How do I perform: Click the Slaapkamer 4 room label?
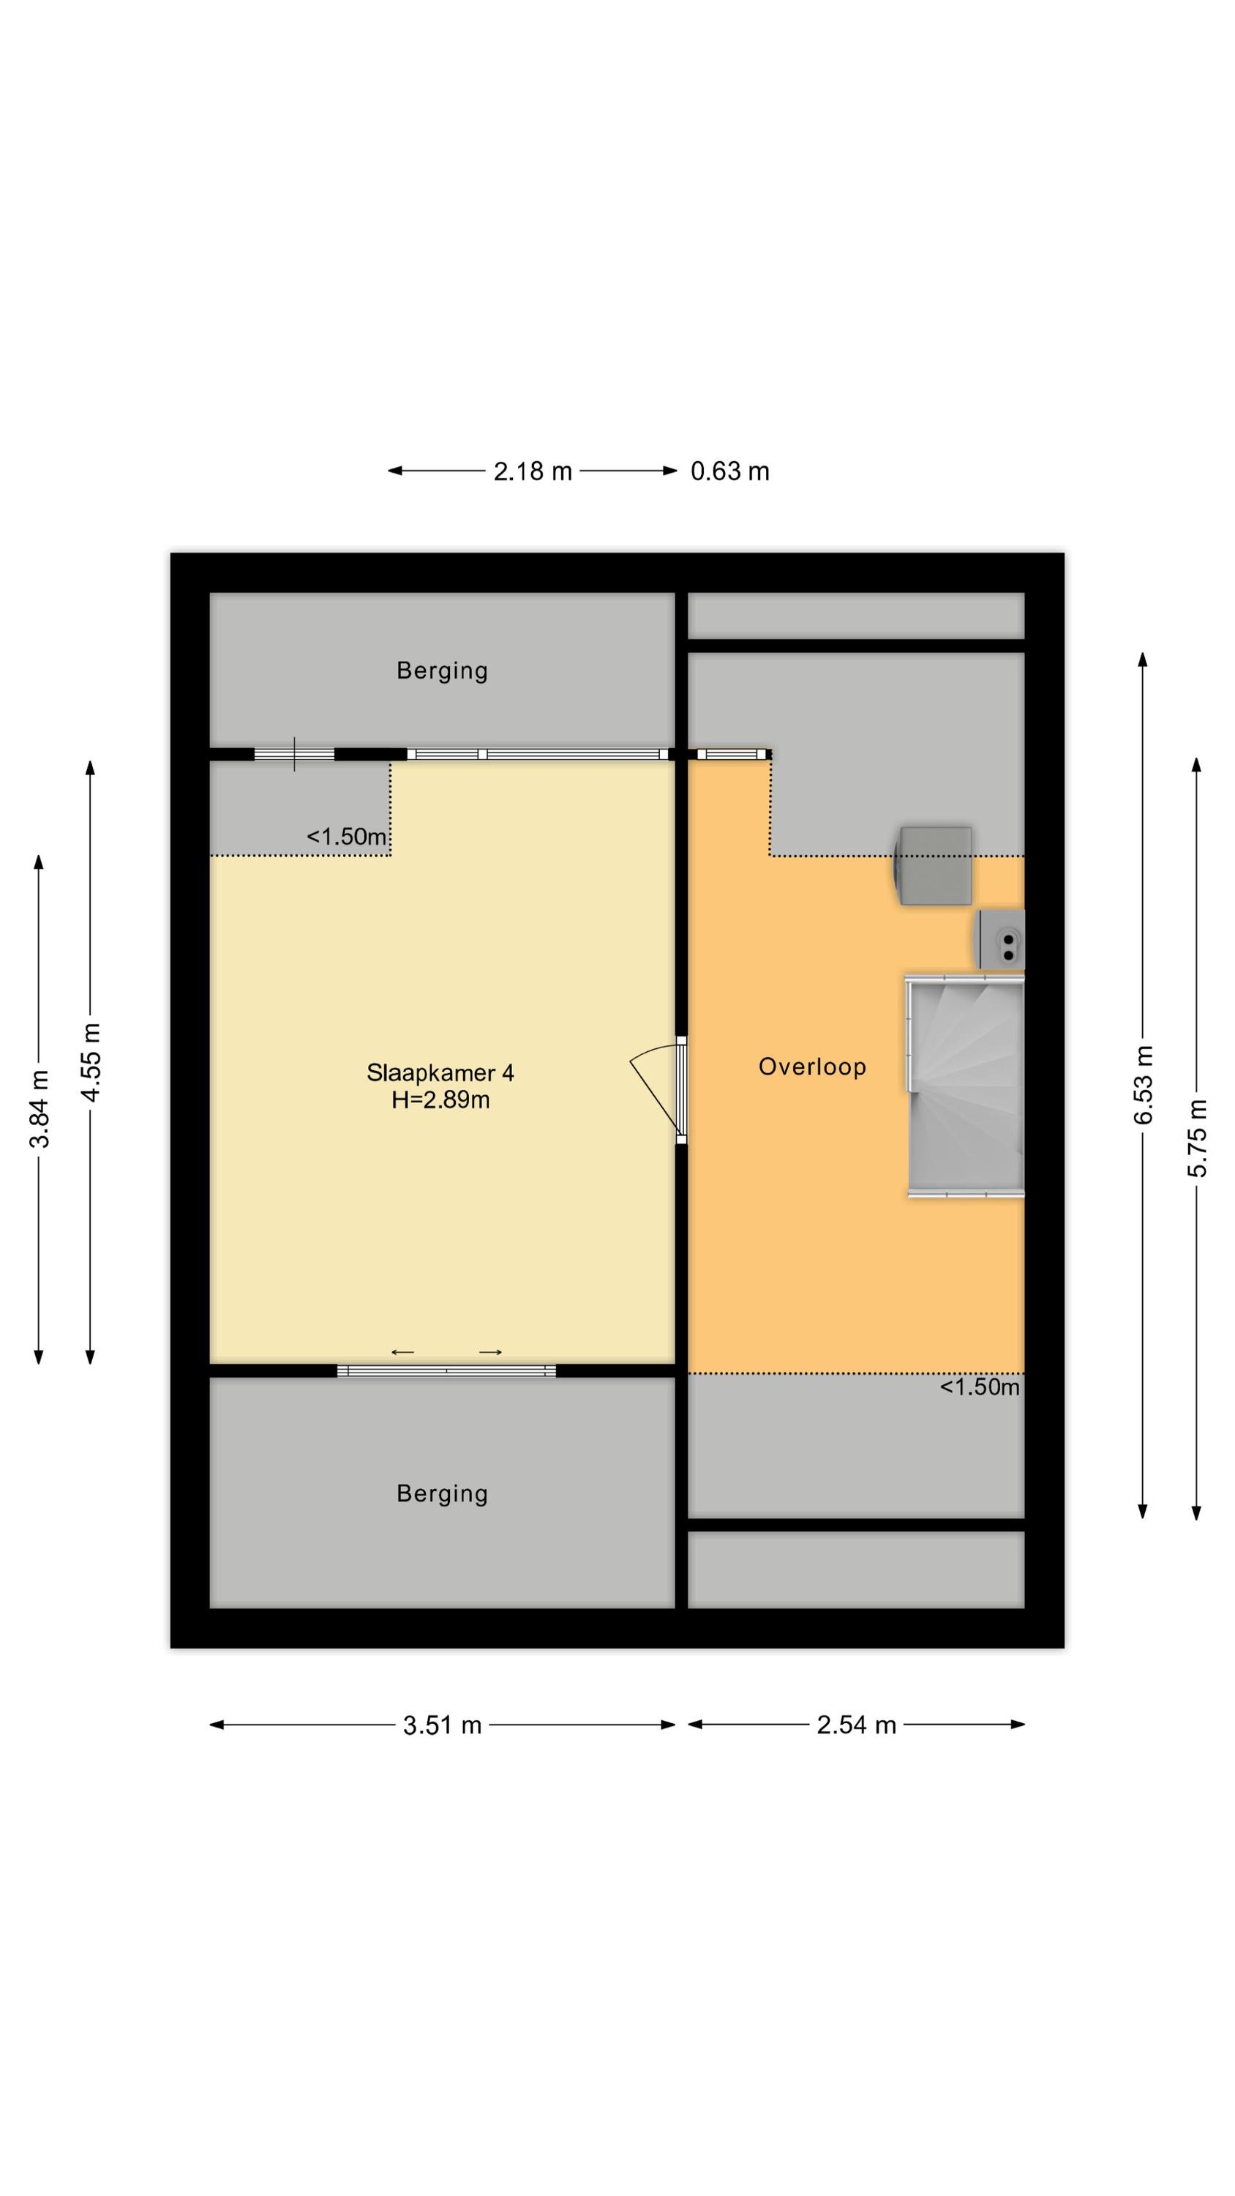(x=440, y=1072)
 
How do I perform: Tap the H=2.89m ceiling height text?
(x=440, y=1099)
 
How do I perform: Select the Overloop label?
(x=812, y=1067)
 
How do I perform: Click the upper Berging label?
(x=443, y=671)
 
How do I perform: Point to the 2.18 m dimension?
(x=533, y=471)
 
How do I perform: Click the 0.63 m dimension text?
(x=729, y=471)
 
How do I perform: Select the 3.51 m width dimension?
(x=443, y=1725)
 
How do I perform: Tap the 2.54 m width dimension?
(x=856, y=1725)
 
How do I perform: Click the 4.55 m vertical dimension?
(x=90, y=1062)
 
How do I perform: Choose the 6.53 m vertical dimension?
(x=1143, y=1086)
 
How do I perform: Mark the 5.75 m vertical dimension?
(x=1197, y=1139)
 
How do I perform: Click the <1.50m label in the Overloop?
(x=980, y=1387)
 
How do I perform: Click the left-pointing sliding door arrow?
(x=402, y=1352)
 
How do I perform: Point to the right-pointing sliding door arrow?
(x=490, y=1352)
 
